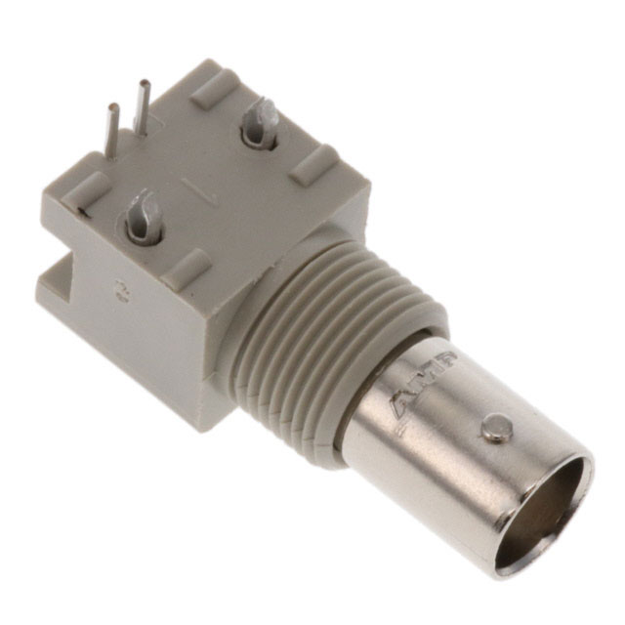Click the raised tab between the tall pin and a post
pyautogui.click(x=213, y=88)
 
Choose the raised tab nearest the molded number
pyautogui.click(x=186, y=267)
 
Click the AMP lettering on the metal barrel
pyautogui.click(x=426, y=380)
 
